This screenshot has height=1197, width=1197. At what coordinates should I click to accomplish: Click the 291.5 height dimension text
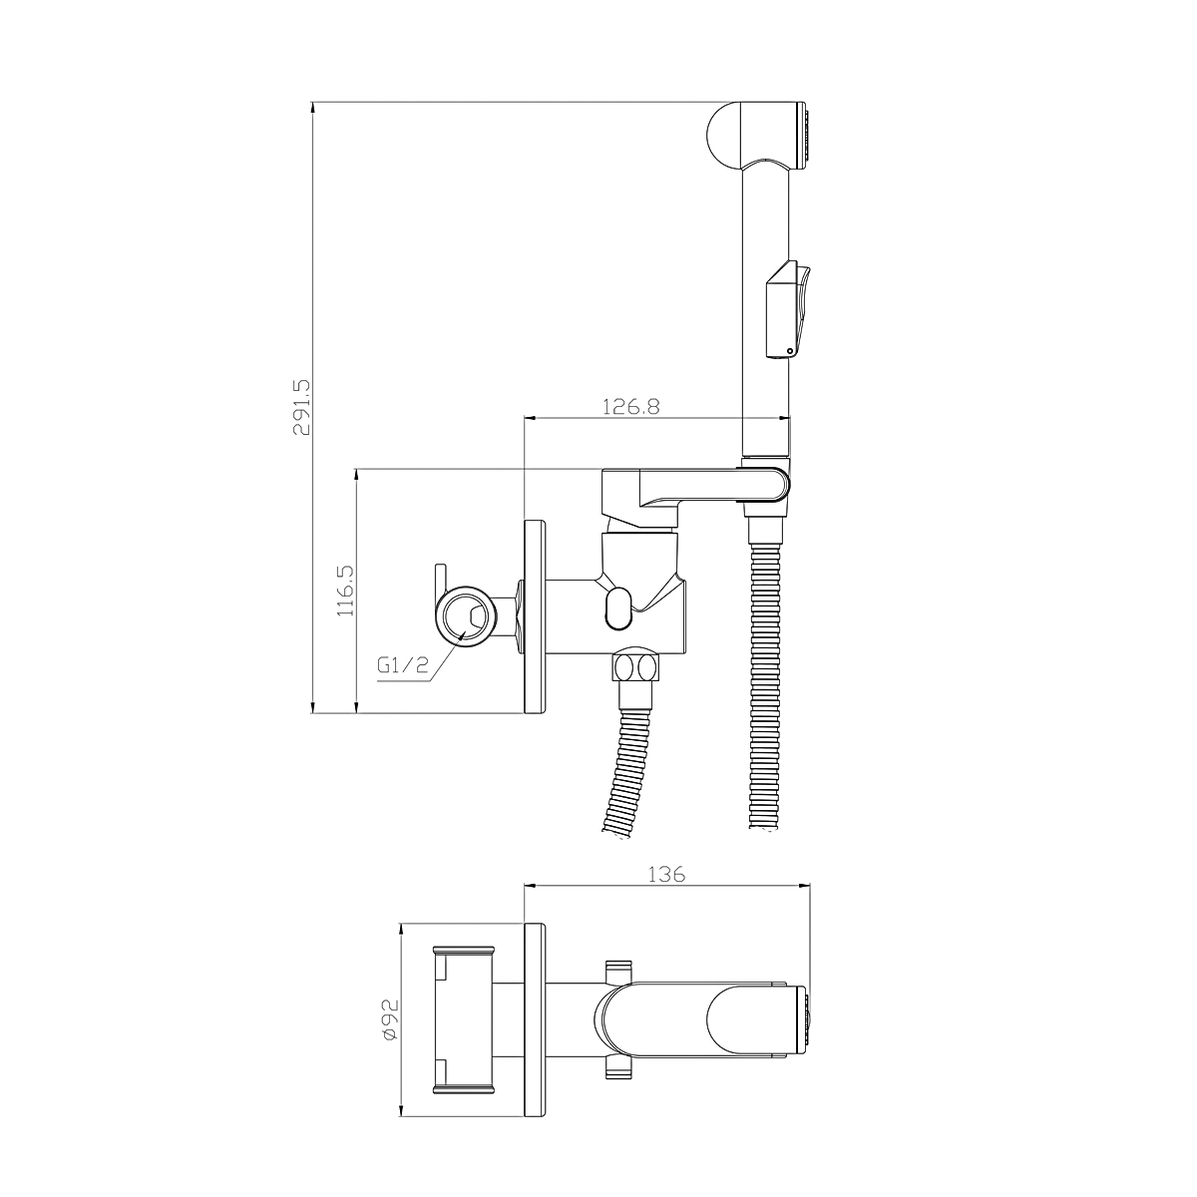[x=302, y=407]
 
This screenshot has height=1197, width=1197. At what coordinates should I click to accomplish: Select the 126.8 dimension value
[x=630, y=406]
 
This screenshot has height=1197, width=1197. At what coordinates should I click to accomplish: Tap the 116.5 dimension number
[x=346, y=591]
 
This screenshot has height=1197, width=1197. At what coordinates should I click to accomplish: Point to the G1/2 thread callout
[x=403, y=666]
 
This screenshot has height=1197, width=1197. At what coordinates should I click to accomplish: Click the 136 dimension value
[x=666, y=875]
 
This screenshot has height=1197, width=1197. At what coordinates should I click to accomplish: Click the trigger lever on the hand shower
[x=790, y=308]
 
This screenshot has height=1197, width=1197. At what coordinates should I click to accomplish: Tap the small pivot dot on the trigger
[x=790, y=351]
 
